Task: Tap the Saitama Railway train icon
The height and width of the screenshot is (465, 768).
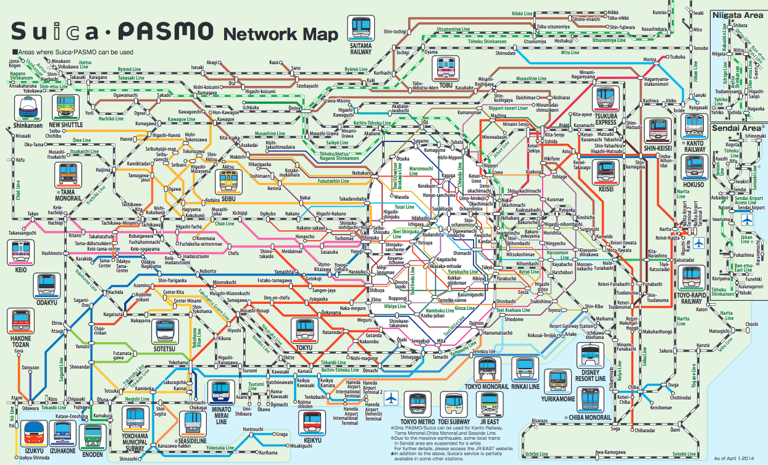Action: [361, 27]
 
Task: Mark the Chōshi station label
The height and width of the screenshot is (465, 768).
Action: [751, 324]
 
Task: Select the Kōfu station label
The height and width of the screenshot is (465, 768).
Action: [20, 160]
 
